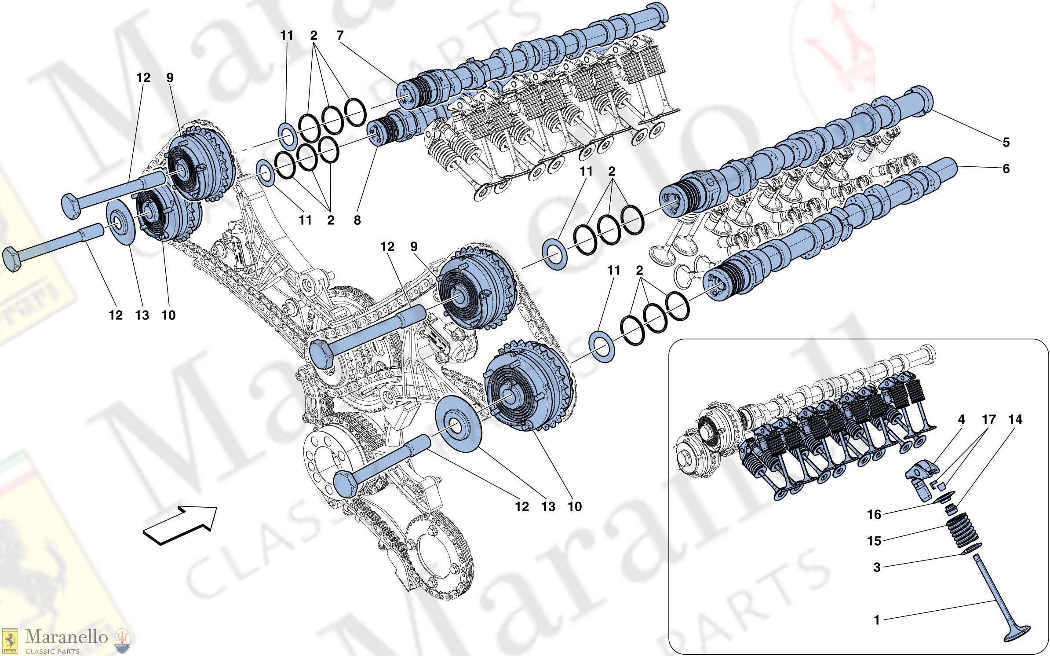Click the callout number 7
pos(340,35)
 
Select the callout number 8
pos(357,220)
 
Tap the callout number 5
pos(1006,142)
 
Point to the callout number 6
pos(1006,169)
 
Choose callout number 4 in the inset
pos(962,419)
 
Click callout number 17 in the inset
pos(989,419)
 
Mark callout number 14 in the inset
pos(1015,419)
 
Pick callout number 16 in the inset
pos(874,514)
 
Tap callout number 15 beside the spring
pos(874,541)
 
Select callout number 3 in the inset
pos(877,567)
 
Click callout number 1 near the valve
pos(877,620)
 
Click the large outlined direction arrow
pos(180,525)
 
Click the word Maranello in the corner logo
pos(66,637)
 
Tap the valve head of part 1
pos(1017,634)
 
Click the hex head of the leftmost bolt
pos(12,260)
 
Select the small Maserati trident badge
pos(122,641)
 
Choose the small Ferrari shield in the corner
pos(10,641)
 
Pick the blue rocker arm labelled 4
pos(920,480)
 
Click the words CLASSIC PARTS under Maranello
pos(52,651)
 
